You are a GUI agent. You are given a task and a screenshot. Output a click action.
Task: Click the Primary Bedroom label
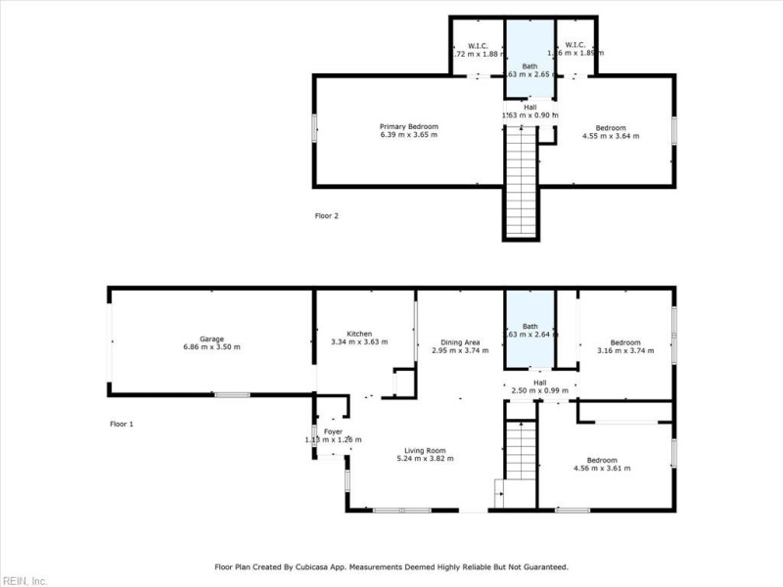(x=409, y=127)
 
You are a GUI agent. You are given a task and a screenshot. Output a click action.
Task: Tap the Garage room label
(x=211, y=339)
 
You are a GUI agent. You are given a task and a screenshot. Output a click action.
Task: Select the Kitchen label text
(x=359, y=334)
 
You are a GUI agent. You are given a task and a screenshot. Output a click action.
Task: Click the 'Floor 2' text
(x=327, y=215)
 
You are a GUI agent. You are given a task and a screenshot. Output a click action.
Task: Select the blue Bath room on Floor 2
(x=530, y=59)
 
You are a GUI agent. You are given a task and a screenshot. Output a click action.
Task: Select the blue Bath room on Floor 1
(x=530, y=328)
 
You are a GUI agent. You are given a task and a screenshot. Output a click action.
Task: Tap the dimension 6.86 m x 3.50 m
(x=211, y=347)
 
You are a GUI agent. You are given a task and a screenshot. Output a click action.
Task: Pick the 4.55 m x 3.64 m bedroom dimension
(x=611, y=136)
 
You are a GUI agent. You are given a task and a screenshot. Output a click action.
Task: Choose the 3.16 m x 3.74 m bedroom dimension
(x=625, y=350)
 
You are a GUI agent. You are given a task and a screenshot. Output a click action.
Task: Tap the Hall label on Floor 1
(x=539, y=383)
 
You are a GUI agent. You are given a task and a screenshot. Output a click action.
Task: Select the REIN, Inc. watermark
(x=23, y=580)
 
